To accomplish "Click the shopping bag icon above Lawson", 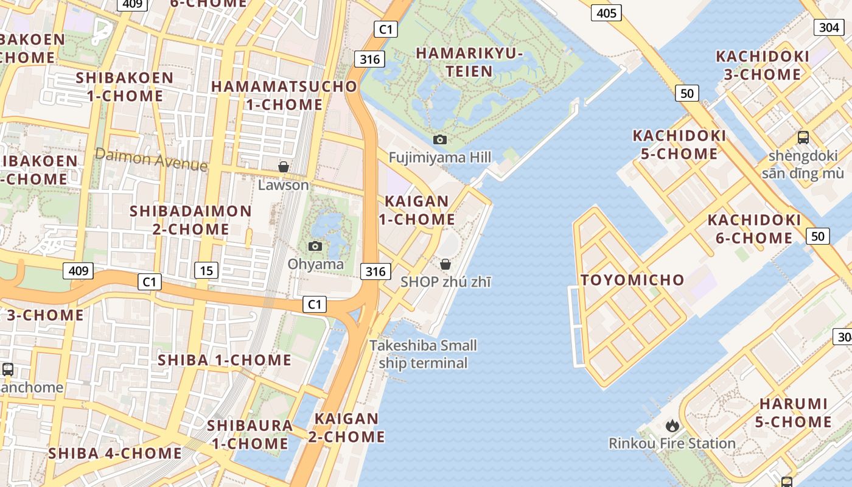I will coord(283,167).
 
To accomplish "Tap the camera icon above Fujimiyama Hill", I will coord(440,140).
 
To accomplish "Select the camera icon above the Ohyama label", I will coord(315,246).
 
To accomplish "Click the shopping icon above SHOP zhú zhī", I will coord(445,264).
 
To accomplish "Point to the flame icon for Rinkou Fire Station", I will coord(672,426).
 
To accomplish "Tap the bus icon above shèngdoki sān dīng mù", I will coord(803,138).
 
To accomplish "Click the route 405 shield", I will coord(606,13).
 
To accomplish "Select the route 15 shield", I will coord(207,270).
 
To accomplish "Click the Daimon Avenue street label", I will coord(152,159).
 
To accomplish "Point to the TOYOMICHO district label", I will coord(632,280).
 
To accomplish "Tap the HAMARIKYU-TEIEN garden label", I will coord(469,62).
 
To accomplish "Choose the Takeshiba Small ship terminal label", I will coord(424,354).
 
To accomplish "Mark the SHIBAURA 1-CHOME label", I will coord(250,434).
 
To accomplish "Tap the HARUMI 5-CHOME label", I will coord(794,413).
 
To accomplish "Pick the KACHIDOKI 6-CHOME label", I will coord(754,228).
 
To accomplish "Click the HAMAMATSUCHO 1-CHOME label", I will coord(284,95).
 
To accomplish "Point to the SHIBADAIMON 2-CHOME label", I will coord(190,220).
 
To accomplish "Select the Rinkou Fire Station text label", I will coord(672,443).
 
